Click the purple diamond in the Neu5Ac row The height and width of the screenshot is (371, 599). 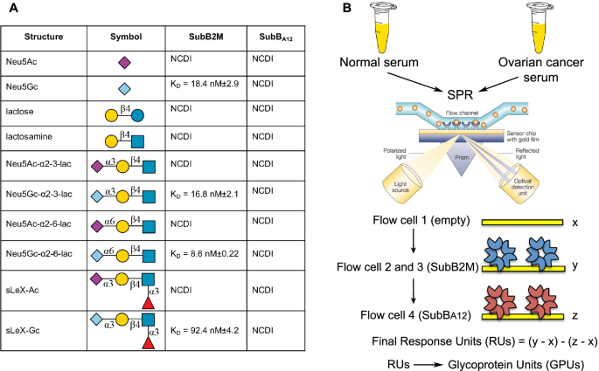point(124,62)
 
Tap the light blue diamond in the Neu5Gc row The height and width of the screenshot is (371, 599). point(124,90)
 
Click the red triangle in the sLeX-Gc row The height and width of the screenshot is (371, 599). point(147,347)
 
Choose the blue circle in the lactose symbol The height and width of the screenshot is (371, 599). point(138,115)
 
